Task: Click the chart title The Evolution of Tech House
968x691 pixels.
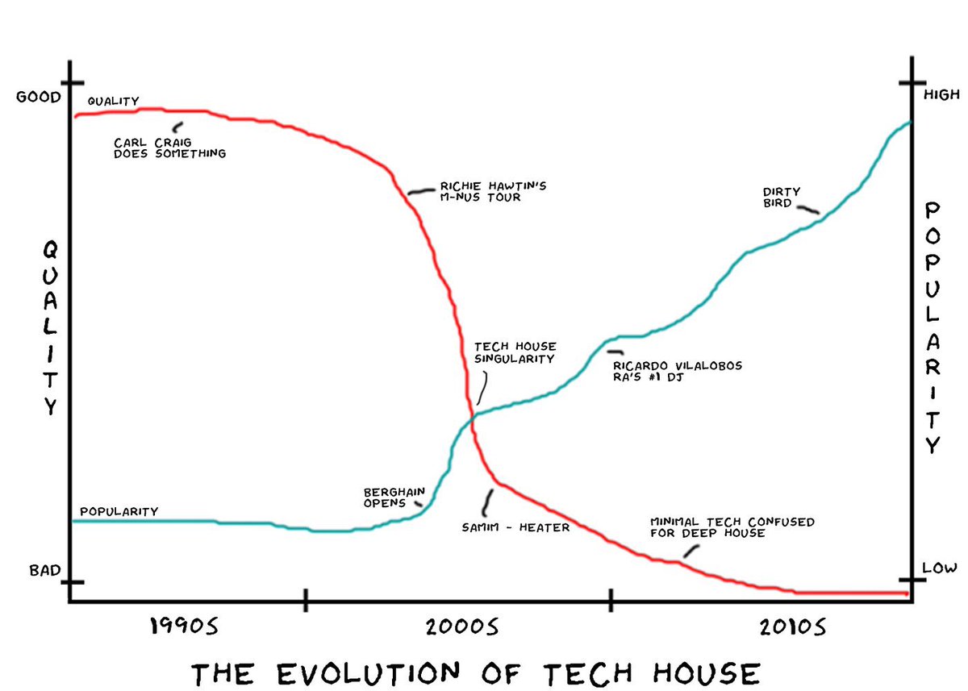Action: [x=475, y=671]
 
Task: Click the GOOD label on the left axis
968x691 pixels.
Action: [x=39, y=98]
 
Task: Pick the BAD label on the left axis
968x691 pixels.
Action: [x=45, y=571]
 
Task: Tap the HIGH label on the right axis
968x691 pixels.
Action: [x=941, y=95]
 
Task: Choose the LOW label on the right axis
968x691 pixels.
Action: [x=939, y=568]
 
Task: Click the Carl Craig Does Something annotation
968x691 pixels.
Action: [x=169, y=148]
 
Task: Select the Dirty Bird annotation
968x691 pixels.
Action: [x=781, y=198]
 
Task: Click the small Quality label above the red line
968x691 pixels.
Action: [x=113, y=101]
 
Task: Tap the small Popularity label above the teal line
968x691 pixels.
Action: [x=119, y=511]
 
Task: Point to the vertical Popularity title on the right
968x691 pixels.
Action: [x=933, y=327]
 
